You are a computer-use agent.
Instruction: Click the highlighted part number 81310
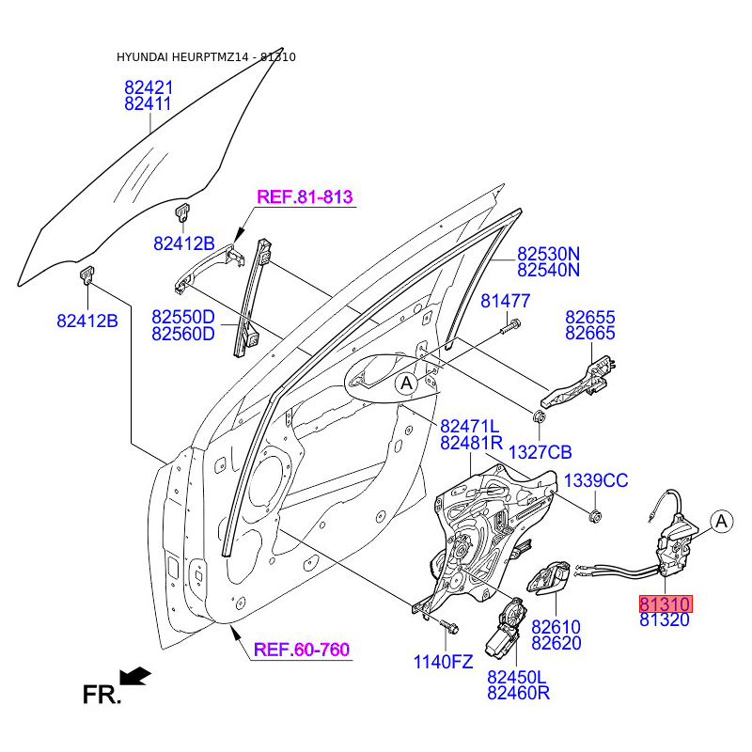(666, 603)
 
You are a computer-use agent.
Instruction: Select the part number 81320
(666, 619)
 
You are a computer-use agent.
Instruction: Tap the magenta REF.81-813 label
(305, 197)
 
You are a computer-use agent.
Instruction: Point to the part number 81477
(506, 302)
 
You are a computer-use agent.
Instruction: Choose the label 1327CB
(540, 452)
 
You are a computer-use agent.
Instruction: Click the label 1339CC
(596, 481)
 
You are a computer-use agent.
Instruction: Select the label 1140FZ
(444, 661)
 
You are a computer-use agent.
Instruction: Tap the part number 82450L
(517, 678)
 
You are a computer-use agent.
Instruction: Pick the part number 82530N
(549, 254)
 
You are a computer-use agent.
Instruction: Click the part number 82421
(149, 87)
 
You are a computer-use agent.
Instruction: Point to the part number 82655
(590, 317)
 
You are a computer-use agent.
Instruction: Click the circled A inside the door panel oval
(405, 383)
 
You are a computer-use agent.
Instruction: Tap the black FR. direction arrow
(137, 675)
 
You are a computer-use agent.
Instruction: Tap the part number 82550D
(183, 317)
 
